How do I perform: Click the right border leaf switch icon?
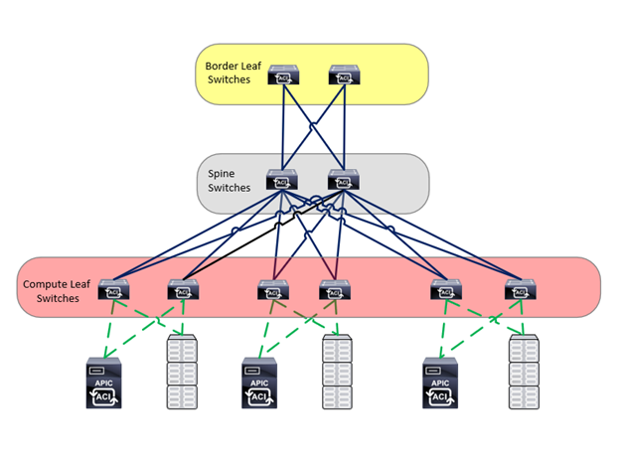[x=344, y=76]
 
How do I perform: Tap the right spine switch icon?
[x=344, y=181]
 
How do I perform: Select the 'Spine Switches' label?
[x=230, y=180]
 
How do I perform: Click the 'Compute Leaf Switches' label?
[x=57, y=291]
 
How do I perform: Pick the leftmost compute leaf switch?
[x=114, y=290]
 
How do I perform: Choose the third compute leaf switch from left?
[x=273, y=290]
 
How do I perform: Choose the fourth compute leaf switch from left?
[x=334, y=290]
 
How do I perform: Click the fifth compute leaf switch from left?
[x=447, y=290]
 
